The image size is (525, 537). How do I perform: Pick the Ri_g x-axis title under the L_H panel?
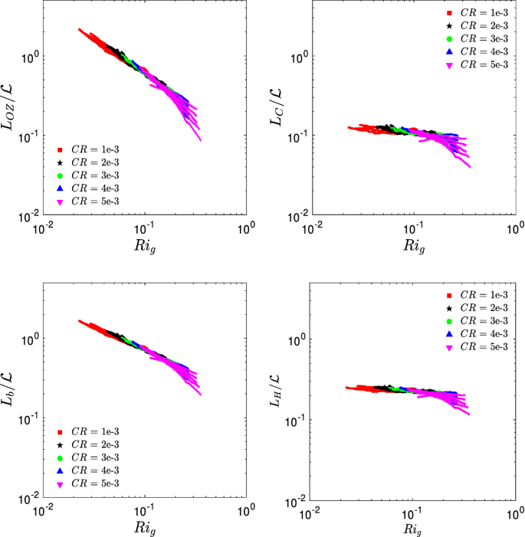(x=412, y=529)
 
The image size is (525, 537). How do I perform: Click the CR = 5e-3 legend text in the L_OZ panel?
(x=95, y=201)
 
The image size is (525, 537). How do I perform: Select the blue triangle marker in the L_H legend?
(x=451, y=335)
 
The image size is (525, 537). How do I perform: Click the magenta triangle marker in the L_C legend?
(x=451, y=66)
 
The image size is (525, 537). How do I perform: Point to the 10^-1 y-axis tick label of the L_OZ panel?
(x=28, y=136)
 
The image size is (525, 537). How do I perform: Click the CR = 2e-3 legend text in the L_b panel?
(x=95, y=445)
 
